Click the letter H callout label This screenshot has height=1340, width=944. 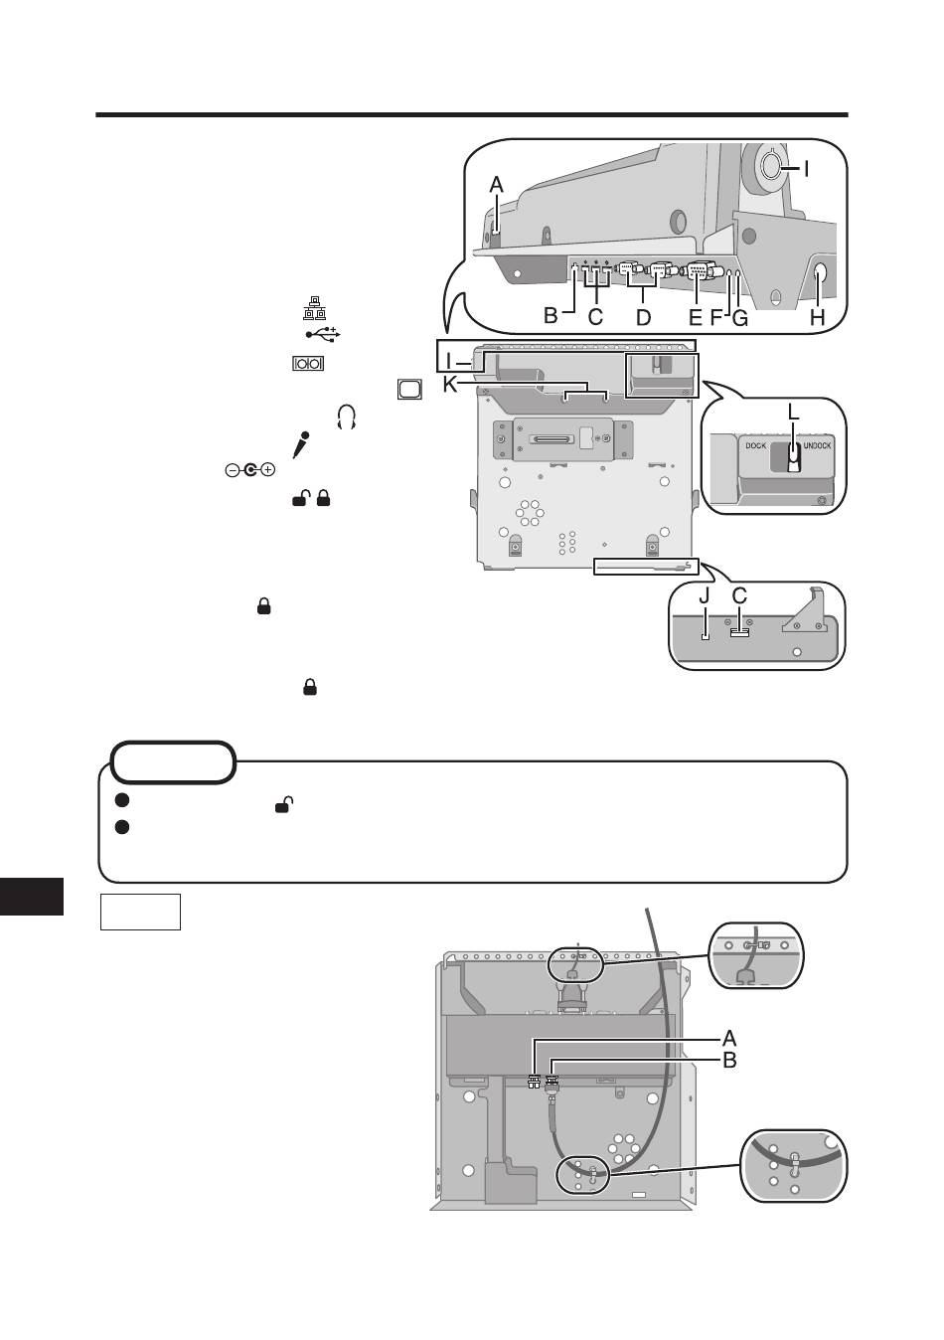coord(817,317)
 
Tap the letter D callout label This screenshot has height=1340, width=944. coord(643,317)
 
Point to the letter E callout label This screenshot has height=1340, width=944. coord(695,317)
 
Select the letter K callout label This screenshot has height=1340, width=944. coord(450,384)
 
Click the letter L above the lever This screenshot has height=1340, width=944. coord(793,412)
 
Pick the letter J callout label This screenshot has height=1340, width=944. coord(705,595)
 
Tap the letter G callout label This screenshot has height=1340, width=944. coord(739,318)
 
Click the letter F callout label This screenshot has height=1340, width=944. coord(716,317)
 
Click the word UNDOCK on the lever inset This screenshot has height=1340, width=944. coord(817,446)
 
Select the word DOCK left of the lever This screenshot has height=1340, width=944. coord(755,446)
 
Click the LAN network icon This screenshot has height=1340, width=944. coord(313,308)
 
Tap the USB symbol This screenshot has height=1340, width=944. coord(323,334)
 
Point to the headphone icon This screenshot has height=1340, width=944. coord(347,417)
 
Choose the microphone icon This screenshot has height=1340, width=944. coord(301,445)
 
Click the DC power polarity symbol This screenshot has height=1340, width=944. coord(249,470)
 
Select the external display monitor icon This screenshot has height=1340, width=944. coord(409,390)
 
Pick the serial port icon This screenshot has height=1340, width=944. coord(308,363)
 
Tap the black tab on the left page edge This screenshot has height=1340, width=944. coord(32,897)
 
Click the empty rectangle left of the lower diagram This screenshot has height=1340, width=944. coord(140,913)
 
